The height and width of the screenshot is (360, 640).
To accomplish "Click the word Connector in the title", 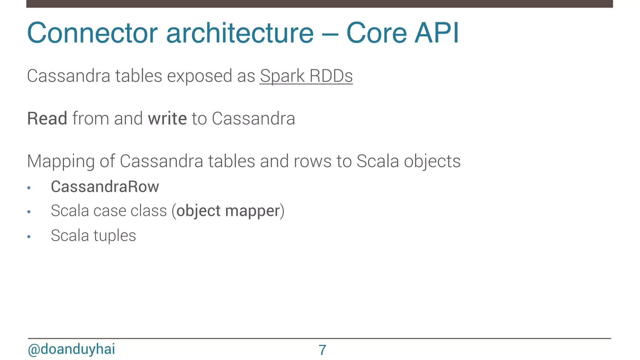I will click(92, 33).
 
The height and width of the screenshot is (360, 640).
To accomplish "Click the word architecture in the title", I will click(240, 33).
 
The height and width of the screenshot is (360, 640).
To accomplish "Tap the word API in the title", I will click(437, 33).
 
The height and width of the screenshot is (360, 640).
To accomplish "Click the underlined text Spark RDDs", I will click(306, 76).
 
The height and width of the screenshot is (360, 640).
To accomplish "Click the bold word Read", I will click(47, 119).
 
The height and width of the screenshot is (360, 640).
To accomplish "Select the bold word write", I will click(167, 119).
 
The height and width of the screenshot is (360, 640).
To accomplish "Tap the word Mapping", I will click(61, 162).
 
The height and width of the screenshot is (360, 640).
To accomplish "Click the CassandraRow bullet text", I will click(105, 187).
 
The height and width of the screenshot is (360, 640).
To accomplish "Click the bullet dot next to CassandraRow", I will click(29, 188).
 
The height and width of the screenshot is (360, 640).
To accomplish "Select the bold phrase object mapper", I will click(228, 211).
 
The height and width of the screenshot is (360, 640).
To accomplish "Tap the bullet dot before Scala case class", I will click(29, 212).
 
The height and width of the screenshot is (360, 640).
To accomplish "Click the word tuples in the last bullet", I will click(115, 236).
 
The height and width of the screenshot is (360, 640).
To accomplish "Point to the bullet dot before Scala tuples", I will click(29, 237).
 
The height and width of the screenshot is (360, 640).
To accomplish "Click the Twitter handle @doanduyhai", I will click(72, 349).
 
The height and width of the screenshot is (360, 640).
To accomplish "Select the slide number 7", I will click(322, 350).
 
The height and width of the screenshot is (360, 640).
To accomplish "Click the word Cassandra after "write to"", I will click(253, 119).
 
